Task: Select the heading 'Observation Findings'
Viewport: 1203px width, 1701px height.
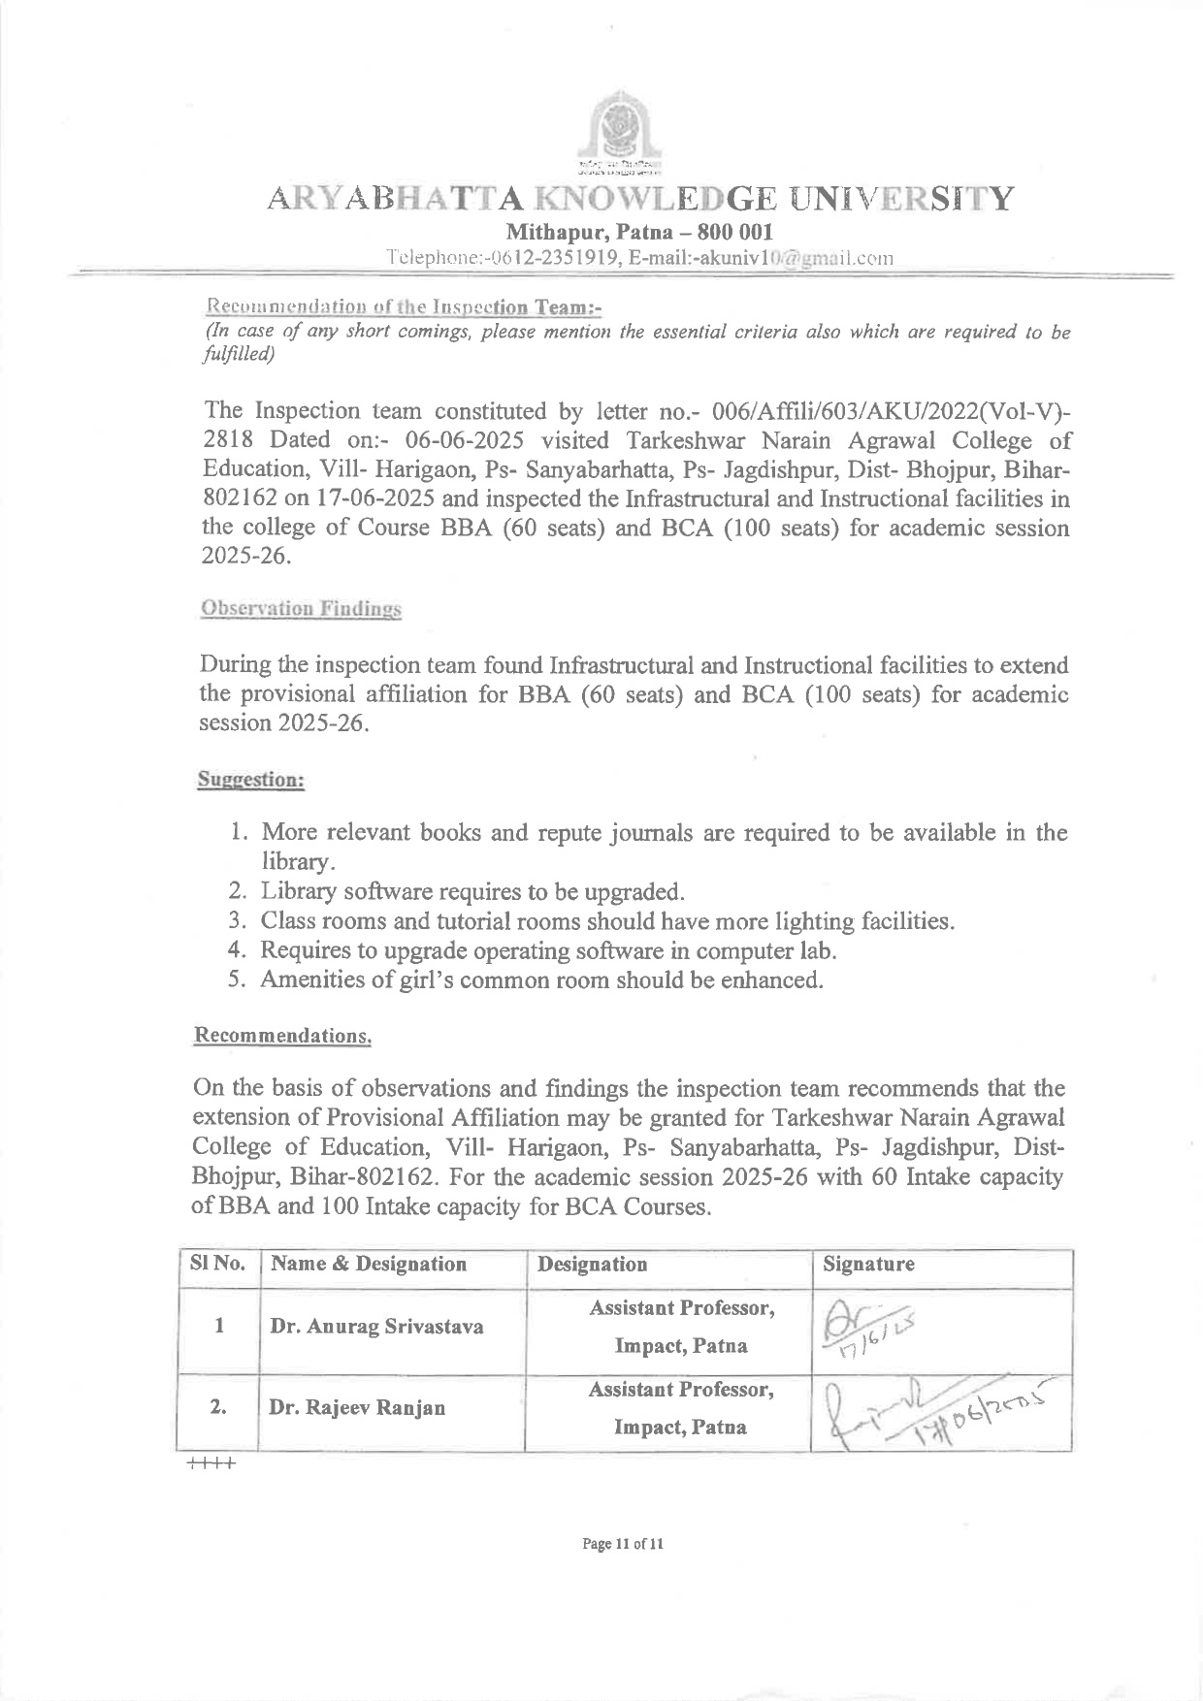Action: tap(300, 609)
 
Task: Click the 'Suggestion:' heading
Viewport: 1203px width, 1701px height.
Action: tap(251, 779)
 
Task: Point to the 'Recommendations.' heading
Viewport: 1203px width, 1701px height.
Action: tap(283, 1035)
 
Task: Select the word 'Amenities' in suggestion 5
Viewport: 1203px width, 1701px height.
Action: tap(316, 979)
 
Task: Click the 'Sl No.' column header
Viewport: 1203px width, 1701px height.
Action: tap(218, 1264)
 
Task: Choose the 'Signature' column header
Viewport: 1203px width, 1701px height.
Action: tap(868, 1264)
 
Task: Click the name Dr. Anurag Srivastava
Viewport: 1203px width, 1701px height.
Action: tap(376, 1326)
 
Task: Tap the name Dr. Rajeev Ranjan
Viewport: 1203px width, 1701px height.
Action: tap(357, 1407)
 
